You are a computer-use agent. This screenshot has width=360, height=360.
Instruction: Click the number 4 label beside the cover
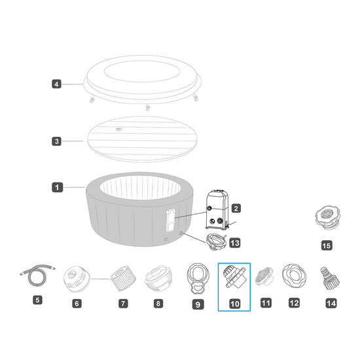[x=56, y=84]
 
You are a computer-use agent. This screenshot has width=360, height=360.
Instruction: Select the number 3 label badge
[x=56, y=141]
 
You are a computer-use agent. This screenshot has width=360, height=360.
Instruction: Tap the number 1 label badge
[x=57, y=187]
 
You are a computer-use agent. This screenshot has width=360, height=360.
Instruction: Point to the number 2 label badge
[x=236, y=208]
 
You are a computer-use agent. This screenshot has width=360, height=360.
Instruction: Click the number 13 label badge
[x=235, y=243]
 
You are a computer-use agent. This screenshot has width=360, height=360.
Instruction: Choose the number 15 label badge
[x=327, y=245]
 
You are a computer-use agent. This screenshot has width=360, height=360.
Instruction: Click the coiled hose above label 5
[x=37, y=275]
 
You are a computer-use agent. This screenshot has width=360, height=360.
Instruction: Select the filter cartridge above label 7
[x=123, y=278]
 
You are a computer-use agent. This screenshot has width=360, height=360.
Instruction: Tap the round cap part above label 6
[x=77, y=279]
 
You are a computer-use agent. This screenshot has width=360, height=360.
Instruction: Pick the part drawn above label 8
[x=158, y=278]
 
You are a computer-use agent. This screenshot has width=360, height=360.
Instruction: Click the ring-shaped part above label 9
[x=198, y=278]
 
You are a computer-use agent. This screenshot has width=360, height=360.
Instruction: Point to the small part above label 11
[x=264, y=276]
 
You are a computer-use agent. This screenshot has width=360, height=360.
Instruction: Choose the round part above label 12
[x=294, y=276]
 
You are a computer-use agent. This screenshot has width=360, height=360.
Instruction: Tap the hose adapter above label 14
[x=330, y=278]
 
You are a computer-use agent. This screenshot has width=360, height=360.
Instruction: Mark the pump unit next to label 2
[x=217, y=209]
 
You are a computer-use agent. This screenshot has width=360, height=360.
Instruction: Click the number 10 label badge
[x=234, y=304]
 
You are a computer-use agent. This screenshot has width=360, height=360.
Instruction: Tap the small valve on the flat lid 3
[x=118, y=130]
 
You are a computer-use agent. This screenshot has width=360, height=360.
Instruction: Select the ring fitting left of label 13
[x=216, y=242]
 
